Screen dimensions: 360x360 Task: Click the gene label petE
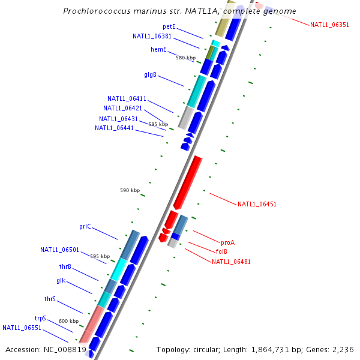(169, 26)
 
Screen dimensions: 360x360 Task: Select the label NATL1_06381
(152, 36)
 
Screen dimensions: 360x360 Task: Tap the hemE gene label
(158, 49)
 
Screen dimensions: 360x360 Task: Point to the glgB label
(150, 75)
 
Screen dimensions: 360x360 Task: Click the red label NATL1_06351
(329, 25)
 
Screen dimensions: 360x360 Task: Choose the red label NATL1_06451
(257, 204)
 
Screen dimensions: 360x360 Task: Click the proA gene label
(227, 242)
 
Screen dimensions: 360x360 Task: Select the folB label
(221, 251)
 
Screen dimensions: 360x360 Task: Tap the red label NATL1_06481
(231, 262)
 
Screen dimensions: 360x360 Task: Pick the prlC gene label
(85, 226)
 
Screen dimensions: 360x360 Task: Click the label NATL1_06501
(59, 250)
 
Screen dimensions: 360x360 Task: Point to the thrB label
(65, 266)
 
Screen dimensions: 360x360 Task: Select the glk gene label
(61, 281)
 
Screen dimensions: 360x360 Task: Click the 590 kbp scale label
(130, 190)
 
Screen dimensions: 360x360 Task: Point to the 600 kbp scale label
(68, 321)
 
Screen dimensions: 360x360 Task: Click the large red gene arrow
(187, 183)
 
